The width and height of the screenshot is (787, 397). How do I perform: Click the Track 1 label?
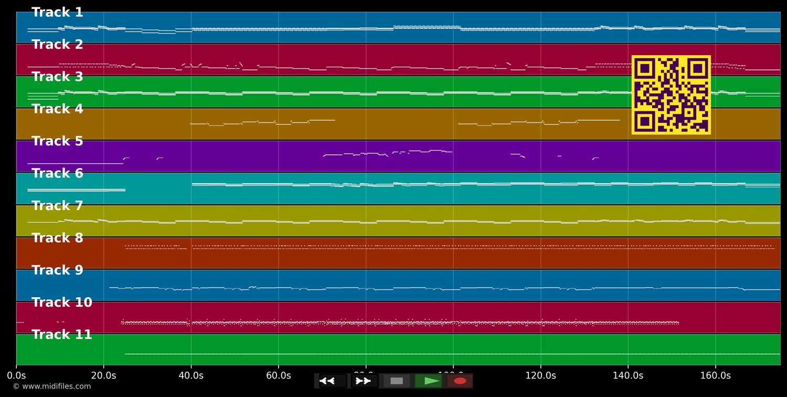pyautogui.click(x=57, y=13)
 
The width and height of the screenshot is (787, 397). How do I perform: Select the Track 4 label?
pyautogui.click(x=57, y=109)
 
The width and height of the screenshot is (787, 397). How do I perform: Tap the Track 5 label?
pyautogui.click(x=57, y=141)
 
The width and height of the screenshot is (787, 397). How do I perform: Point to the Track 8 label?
pyautogui.click(x=57, y=238)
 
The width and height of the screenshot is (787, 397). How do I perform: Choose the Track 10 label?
pyautogui.click(x=62, y=302)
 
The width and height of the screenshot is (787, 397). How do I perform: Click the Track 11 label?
pyautogui.click(x=62, y=335)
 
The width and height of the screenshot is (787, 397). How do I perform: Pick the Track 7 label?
pyautogui.click(x=57, y=206)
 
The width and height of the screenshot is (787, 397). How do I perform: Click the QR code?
pyautogui.click(x=671, y=95)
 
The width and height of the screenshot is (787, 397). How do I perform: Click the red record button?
pyautogui.click(x=460, y=381)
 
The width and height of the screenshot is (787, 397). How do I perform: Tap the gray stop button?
pyautogui.click(x=397, y=381)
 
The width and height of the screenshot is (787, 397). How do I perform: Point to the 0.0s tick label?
pyautogui.click(x=16, y=375)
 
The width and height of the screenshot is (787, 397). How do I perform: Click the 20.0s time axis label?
pyautogui.click(x=103, y=375)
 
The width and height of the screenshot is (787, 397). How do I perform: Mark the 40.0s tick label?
pyautogui.click(x=191, y=375)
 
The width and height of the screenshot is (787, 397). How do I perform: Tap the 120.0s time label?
pyautogui.click(x=540, y=375)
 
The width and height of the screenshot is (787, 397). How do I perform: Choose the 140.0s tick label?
pyautogui.click(x=628, y=375)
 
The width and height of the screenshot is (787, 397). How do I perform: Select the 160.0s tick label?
pyautogui.click(x=715, y=375)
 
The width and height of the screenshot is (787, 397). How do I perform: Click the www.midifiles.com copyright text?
pyautogui.click(x=52, y=386)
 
